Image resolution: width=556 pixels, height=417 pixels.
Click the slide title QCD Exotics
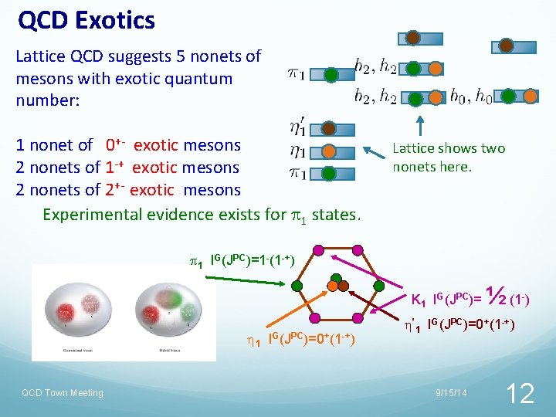tap(86, 20)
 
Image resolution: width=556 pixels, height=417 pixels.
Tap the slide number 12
tap(520, 393)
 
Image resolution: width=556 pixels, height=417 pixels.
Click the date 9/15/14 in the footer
tap(449, 394)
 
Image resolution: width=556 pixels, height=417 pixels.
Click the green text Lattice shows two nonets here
tap(448, 157)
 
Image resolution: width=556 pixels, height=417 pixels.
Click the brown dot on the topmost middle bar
tap(413, 38)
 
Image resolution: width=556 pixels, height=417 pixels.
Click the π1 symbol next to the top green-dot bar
tap(296, 74)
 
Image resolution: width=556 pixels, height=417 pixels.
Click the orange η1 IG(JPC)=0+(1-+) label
tap(300, 338)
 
